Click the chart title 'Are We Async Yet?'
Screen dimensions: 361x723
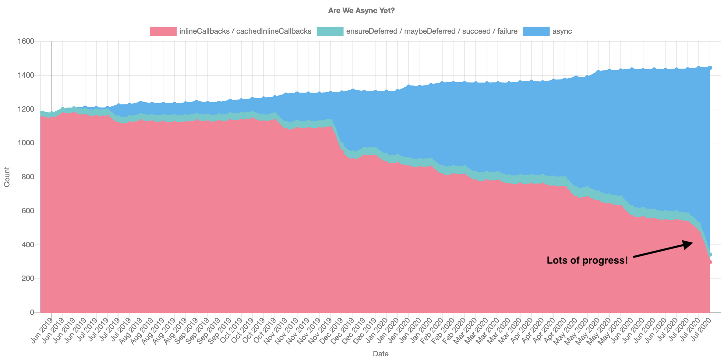[x=361, y=11]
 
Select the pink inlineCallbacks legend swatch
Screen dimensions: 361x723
[x=163, y=31]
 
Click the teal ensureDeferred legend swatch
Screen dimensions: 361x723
[x=330, y=31]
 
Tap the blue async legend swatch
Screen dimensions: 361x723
[x=536, y=31]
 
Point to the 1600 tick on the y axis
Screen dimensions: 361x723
[x=28, y=41]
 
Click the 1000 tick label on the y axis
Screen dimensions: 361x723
[x=28, y=143]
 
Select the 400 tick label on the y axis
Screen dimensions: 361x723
[x=30, y=245]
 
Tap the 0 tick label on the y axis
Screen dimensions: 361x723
[x=32, y=312]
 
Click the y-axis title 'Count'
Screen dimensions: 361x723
[x=7, y=177]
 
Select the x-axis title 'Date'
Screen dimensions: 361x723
[x=381, y=354]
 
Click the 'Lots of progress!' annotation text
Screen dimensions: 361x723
[x=587, y=260]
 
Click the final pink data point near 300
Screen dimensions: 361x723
[x=710, y=262]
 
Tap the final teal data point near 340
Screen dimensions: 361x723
[x=710, y=254]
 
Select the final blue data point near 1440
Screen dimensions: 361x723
[x=710, y=68]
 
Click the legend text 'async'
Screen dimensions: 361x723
[x=562, y=31]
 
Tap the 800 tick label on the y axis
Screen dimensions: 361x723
[x=30, y=177]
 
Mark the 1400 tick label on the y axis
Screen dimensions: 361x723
[x=28, y=75]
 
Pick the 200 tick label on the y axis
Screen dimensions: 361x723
[x=30, y=279]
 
